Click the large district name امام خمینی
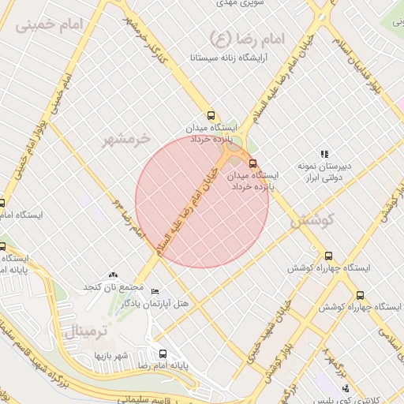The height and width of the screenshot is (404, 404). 47,25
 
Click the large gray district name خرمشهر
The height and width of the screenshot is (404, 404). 126,140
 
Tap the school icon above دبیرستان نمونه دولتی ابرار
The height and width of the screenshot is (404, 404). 324,153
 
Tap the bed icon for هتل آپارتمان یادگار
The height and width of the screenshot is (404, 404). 155,291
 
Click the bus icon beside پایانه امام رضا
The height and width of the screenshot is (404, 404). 163,353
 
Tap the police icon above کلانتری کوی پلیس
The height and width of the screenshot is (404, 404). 346,387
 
